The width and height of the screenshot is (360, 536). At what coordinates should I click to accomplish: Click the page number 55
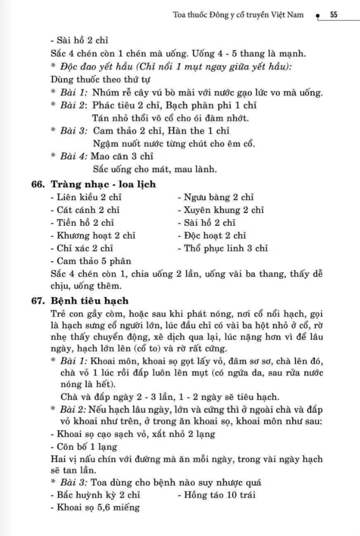[333, 15]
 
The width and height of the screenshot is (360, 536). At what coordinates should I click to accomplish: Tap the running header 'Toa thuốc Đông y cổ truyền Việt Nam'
[239, 15]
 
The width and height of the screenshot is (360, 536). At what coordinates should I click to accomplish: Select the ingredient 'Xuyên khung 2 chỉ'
[220, 210]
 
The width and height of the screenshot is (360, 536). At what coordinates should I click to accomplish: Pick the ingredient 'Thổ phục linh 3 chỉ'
[223, 248]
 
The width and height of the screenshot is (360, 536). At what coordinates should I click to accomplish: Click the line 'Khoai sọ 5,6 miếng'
[95, 508]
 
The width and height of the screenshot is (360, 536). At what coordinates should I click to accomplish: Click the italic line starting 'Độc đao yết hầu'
[171, 67]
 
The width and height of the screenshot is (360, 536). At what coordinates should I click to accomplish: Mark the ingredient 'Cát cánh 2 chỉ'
[81, 210]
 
